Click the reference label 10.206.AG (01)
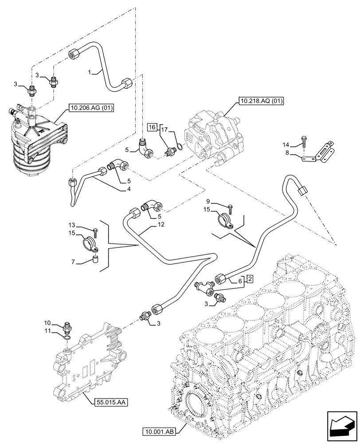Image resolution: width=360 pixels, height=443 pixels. (x=91, y=107)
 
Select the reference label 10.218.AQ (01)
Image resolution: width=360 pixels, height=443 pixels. (x=261, y=101)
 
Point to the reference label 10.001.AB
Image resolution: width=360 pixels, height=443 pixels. (x=160, y=431)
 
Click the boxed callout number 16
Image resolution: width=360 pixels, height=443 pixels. (x=152, y=127)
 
